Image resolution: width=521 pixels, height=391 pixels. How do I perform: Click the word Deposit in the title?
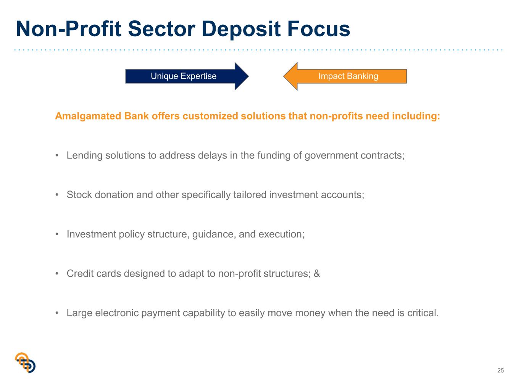[x=241, y=29]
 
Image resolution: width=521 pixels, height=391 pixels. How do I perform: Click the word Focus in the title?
[x=319, y=29]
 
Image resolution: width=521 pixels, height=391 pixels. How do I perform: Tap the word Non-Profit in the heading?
[x=69, y=29]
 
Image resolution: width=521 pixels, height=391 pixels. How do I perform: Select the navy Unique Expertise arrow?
[x=187, y=76]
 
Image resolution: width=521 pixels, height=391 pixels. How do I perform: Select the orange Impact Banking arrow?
[x=345, y=76]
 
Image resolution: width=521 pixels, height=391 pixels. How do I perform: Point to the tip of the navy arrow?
[x=248, y=76]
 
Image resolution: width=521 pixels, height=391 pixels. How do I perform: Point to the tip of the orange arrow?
[x=284, y=76]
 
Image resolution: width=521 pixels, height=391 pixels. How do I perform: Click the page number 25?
[x=500, y=370]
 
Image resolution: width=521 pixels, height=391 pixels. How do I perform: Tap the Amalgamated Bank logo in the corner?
[x=25, y=362]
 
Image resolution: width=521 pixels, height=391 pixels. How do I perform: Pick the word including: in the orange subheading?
[x=416, y=116]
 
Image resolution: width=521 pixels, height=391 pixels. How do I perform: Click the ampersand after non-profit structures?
[x=317, y=273]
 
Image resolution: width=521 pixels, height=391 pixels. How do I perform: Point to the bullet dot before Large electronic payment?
[x=57, y=313]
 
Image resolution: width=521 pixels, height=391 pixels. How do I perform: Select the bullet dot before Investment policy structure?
[x=57, y=234]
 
